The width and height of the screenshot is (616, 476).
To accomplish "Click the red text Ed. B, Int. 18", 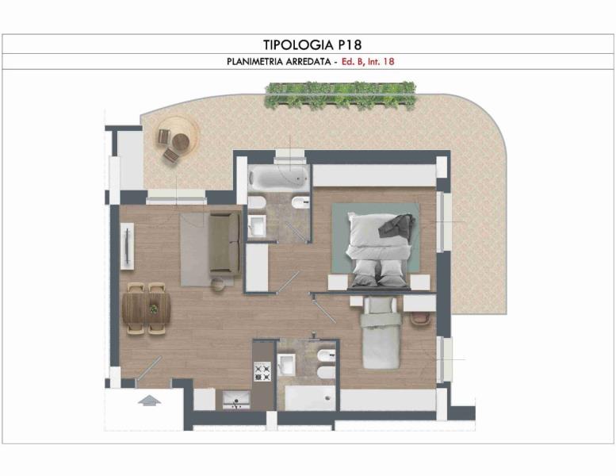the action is click(368, 62).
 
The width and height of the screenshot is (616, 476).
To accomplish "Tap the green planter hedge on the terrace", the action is click(340, 95).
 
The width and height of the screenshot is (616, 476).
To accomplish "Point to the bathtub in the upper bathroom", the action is click(279, 177).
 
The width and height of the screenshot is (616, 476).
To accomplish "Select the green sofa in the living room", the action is click(224, 244).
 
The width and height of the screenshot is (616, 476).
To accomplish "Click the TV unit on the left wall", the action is click(128, 247).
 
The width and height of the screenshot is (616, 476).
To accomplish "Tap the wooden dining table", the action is click(147, 308).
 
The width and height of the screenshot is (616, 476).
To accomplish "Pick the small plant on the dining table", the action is click(153, 309).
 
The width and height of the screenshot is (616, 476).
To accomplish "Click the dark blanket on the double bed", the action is click(396, 225).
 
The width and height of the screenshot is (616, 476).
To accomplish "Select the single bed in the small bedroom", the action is click(381, 332).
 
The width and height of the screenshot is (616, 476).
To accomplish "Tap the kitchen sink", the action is click(236, 400).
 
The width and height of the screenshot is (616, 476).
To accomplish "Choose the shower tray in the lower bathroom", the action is click(310, 398).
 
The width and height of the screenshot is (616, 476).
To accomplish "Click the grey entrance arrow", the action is click(149, 401).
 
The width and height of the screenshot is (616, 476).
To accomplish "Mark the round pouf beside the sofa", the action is click(217, 284).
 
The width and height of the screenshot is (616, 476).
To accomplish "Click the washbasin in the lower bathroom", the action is click(286, 364).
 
